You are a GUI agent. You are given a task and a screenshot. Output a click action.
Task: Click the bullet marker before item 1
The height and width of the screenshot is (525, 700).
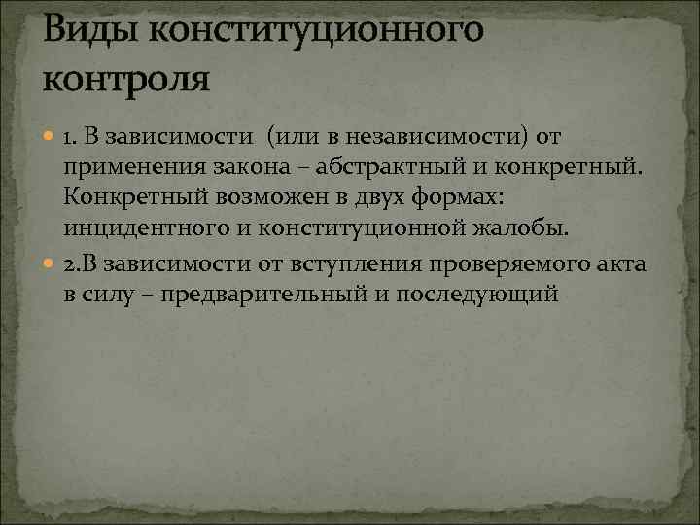pyautogui.click(x=49, y=135)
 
